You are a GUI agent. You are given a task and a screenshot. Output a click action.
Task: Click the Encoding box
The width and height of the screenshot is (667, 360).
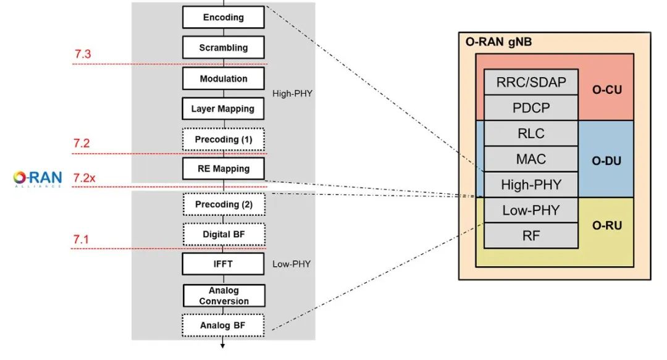(x=223, y=17)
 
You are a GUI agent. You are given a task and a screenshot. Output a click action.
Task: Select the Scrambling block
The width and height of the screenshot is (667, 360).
(x=223, y=48)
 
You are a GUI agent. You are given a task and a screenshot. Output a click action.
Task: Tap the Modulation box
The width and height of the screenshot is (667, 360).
(x=223, y=78)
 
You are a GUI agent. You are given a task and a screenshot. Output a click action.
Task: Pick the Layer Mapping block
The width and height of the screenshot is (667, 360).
(x=223, y=109)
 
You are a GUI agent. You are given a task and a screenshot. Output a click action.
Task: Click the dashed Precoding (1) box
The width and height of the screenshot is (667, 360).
(x=223, y=139)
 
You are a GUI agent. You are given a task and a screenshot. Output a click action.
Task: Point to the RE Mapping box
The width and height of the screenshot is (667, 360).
(x=223, y=169)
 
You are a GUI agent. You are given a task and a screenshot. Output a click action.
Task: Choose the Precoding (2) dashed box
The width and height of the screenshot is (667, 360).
(x=223, y=204)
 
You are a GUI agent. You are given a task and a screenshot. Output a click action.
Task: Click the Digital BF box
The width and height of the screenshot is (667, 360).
(x=223, y=234)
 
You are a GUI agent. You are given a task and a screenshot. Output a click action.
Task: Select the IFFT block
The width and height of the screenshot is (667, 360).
(x=223, y=264)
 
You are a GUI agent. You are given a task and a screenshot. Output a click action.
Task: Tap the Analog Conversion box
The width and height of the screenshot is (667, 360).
(x=223, y=295)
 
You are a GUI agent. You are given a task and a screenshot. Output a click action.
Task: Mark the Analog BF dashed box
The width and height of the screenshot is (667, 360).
(x=223, y=325)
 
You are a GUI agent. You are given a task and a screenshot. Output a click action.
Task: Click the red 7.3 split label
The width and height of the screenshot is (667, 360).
(x=82, y=54)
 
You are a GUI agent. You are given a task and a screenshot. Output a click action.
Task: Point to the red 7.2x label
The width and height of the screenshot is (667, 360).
(x=85, y=178)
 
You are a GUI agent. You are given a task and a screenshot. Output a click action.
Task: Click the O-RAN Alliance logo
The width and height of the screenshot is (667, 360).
(x=38, y=178)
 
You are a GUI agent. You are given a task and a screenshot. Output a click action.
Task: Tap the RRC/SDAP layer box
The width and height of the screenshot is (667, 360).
(x=531, y=82)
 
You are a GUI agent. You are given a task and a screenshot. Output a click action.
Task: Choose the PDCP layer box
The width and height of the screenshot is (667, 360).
(x=531, y=107)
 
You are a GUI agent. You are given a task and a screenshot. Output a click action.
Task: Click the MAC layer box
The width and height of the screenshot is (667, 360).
(x=531, y=159)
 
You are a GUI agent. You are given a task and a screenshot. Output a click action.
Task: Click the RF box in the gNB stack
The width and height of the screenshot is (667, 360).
(x=531, y=235)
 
